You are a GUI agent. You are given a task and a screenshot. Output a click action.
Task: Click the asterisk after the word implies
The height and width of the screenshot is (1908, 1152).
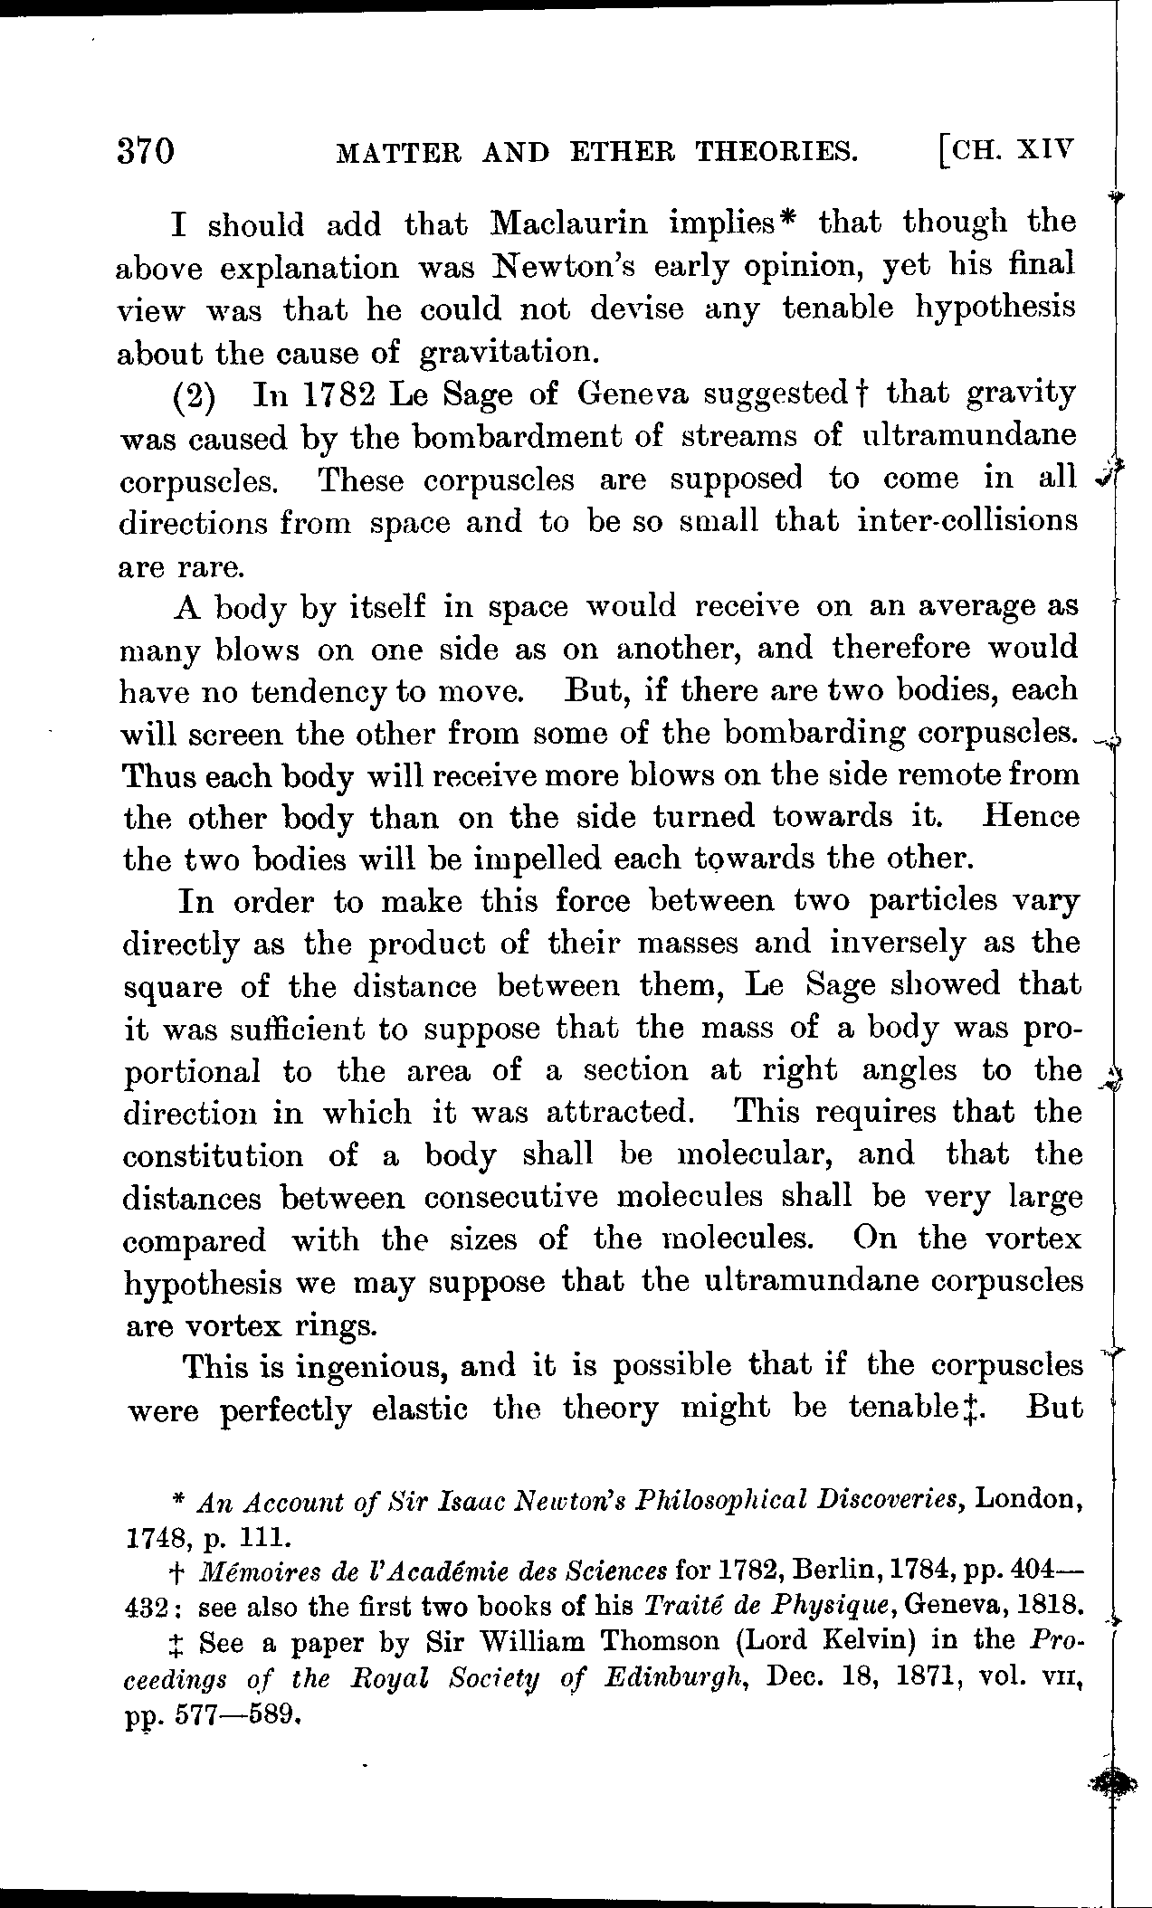click(x=786, y=218)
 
